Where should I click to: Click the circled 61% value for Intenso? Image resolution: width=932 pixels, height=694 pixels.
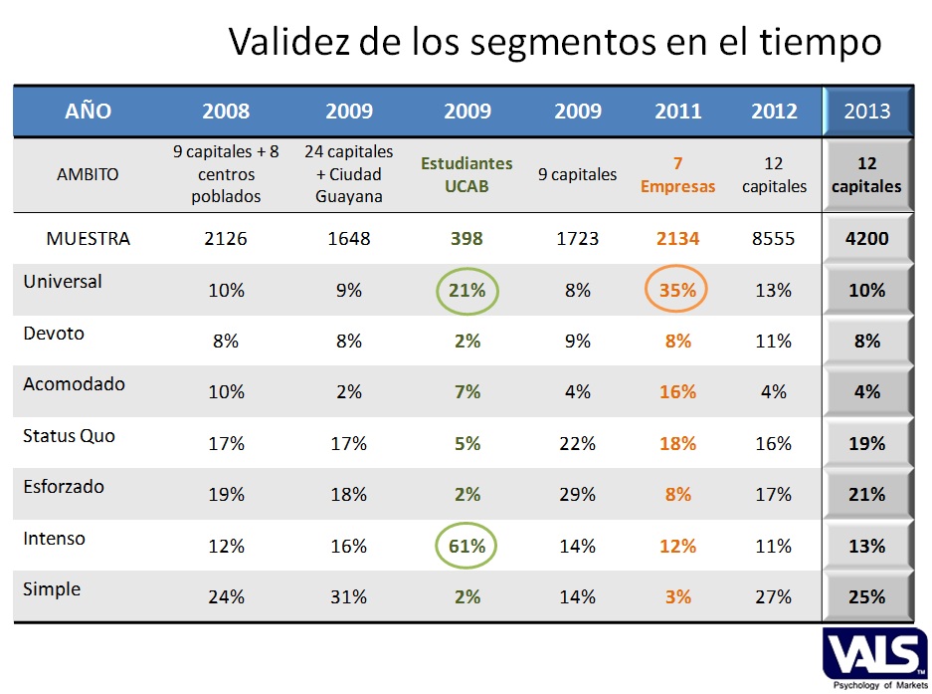click(466, 546)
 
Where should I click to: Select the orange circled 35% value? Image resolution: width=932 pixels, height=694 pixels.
click(677, 291)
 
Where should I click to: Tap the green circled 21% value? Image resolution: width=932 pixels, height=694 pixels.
click(466, 291)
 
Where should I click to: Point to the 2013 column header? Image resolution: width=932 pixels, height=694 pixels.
click(866, 112)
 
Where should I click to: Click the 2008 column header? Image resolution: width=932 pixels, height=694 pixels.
click(226, 112)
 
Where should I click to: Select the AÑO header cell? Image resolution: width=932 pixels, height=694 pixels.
click(89, 112)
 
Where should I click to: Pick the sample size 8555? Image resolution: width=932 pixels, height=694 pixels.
click(773, 239)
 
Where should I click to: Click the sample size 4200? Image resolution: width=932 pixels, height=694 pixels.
click(867, 239)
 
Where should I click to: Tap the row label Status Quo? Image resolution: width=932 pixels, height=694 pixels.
click(69, 435)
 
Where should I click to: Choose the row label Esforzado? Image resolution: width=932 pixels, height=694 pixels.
click(64, 487)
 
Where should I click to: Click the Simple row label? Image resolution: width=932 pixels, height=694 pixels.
click(52, 589)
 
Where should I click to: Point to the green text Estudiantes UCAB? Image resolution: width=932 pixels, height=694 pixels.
click(466, 174)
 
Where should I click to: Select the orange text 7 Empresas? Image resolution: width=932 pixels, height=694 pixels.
click(677, 174)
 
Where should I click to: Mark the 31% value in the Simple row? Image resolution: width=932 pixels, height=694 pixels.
click(348, 597)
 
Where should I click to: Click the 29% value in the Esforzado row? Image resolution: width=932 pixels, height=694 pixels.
click(577, 495)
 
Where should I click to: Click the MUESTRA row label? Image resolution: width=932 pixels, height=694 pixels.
click(88, 239)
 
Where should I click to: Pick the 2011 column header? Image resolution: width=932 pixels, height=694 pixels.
click(677, 112)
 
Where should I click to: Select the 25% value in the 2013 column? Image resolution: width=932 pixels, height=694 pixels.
click(867, 597)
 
